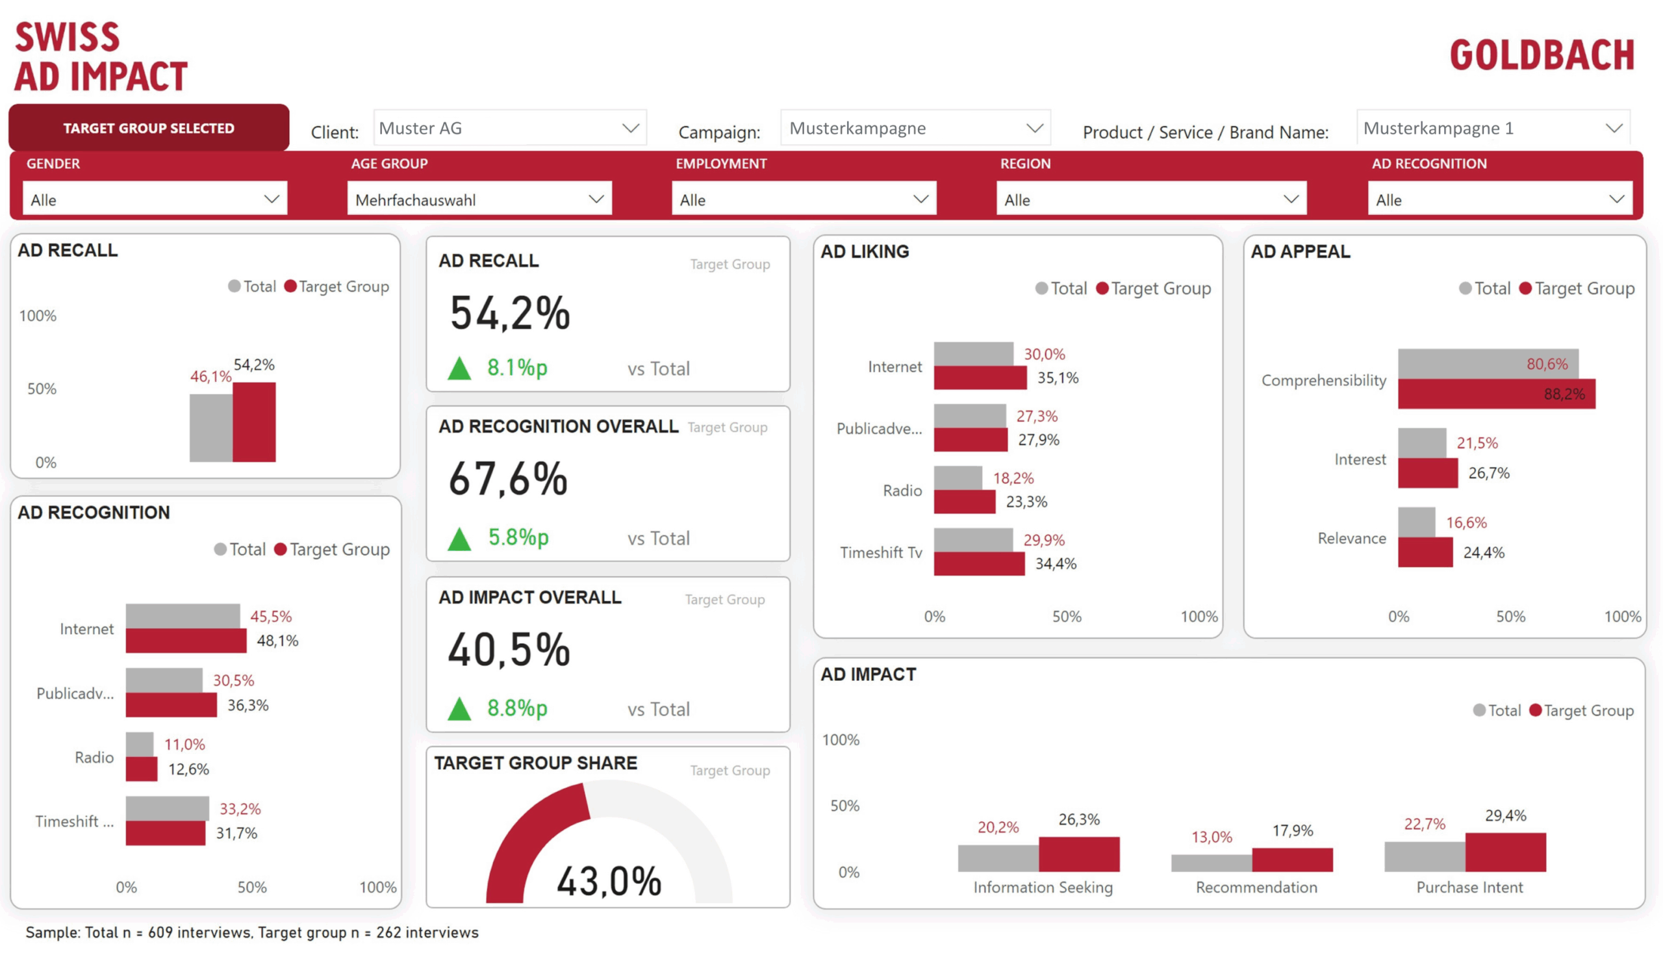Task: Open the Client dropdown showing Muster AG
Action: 509,128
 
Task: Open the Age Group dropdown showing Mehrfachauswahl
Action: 479,199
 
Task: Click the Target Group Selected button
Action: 149,128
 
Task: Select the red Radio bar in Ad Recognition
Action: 141,769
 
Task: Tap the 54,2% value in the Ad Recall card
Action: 509,313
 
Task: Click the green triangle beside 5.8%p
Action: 459,539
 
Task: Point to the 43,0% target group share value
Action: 609,881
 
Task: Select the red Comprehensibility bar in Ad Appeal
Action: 1496,394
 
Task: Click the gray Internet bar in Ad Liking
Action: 973,353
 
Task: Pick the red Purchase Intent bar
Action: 1505,852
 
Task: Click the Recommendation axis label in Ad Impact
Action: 1256,887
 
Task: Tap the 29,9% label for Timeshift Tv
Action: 1044,540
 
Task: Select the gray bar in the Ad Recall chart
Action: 210,428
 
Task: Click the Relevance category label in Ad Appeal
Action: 1352,539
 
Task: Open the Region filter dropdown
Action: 1151,199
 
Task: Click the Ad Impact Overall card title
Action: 530,597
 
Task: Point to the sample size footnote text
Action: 252,932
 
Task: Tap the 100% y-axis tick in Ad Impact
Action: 841,740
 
